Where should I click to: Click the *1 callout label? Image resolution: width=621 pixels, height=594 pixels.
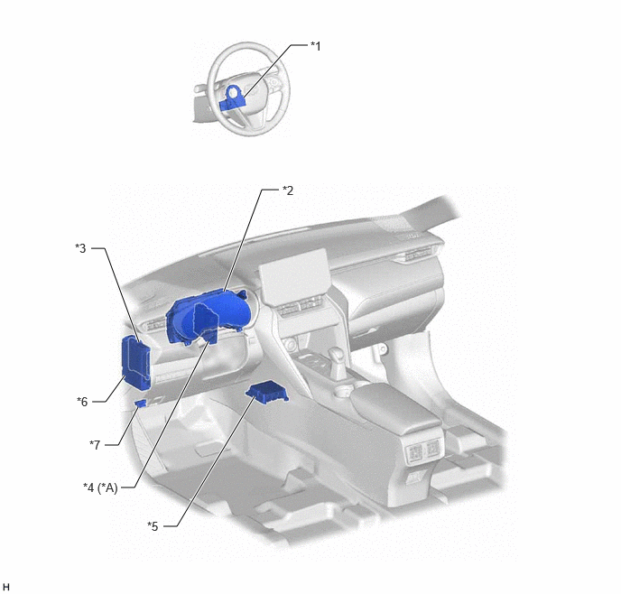coord(315,46)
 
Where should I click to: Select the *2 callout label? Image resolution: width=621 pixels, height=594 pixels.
coord(288,190)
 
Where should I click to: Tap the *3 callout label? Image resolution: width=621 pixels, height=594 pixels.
coord(80,248)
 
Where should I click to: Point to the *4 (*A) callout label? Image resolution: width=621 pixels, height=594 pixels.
coord(100,487)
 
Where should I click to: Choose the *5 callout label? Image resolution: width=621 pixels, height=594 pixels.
coord(153,526)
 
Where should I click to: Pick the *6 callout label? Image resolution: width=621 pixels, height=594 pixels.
coord(82,402)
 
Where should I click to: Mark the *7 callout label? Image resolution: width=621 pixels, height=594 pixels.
coord(95,445)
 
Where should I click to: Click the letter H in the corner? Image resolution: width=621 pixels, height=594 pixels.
coord(5,587)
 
